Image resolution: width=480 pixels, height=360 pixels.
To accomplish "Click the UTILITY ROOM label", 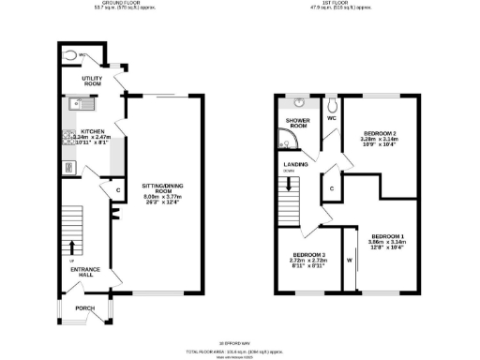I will tap(90, 81).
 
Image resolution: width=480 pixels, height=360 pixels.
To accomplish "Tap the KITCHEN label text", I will tap(92, 131).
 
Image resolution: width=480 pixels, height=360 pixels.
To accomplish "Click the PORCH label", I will tap(85, 307).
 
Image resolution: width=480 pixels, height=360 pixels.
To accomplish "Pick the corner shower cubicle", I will tap(285, 142).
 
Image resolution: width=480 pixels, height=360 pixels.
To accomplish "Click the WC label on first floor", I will tap(332, 119).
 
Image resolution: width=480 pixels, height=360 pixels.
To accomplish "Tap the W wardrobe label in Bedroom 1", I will tap(349, 260).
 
